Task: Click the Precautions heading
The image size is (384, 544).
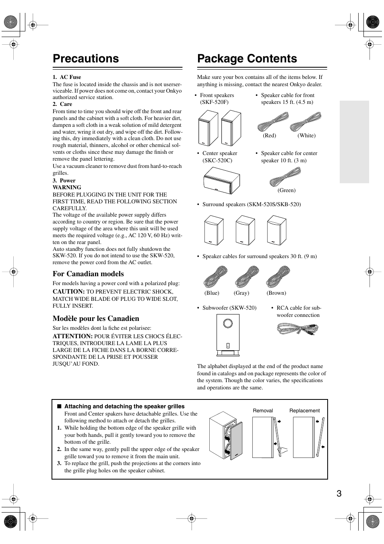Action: (86, 59)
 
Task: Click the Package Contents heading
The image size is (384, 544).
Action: (247, 59)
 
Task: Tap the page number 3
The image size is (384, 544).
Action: (339, 494)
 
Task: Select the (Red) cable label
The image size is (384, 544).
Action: (269, 136)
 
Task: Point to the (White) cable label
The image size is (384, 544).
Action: (306, 136)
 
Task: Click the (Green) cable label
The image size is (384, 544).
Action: (286, 190)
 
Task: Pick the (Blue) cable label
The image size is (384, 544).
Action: (212, 293)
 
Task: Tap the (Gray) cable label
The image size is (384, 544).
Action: (242, 293)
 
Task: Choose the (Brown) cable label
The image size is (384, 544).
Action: (276, 293)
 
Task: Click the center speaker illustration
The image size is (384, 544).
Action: (221, 180)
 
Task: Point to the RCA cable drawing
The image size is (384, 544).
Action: (298, 329)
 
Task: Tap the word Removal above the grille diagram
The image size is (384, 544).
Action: (263, 411)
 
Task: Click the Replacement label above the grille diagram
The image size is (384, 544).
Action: (304, 411)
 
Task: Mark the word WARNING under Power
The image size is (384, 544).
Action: (67, 187)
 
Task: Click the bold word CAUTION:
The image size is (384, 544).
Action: (68, 292)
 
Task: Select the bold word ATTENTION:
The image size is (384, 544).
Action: (72, 336)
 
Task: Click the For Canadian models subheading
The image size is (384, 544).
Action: (88, 274)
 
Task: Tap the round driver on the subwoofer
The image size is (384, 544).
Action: (227, 323)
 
